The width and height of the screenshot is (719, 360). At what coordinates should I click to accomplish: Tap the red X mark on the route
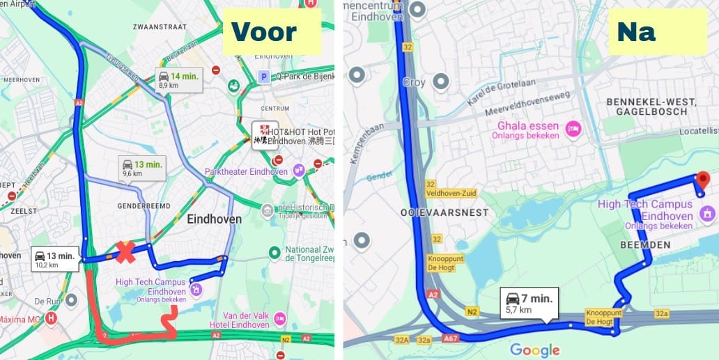(x=125, y=252)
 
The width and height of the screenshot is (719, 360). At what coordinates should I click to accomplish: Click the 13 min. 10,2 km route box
(x=55, y=259)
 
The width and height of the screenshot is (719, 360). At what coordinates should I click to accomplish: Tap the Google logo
(x=534, y=350)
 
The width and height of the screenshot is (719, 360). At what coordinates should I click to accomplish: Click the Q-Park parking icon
(x=263, y=77)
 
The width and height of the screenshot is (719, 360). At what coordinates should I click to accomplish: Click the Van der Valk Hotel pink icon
(x=280, y=318)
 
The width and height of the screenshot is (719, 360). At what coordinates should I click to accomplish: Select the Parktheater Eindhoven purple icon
(x=300, y=170)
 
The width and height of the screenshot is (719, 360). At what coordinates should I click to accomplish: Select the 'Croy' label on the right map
(x=413, y=82)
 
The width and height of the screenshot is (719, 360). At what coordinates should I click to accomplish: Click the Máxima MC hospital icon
(x=51, y=318)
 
